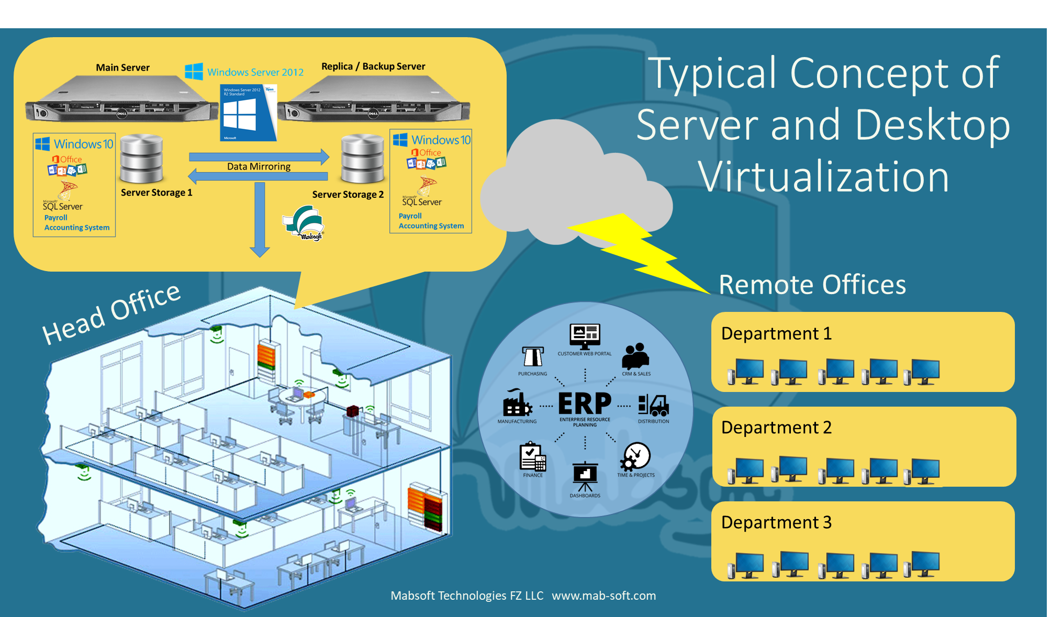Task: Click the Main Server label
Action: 122,68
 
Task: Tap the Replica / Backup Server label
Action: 373,66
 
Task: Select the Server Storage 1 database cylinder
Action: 141,159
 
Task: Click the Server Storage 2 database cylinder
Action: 362,159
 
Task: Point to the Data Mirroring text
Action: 259,166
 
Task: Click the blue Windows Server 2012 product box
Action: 247,113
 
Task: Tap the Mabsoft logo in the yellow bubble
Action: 305,223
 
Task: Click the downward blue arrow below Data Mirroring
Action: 260,220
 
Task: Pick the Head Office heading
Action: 111,314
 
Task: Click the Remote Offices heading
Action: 812,285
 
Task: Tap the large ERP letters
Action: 585,404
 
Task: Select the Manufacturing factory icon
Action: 517,403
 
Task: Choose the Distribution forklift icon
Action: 653,405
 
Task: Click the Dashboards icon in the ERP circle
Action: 585,475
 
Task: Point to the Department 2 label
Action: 776,428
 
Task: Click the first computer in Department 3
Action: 745,565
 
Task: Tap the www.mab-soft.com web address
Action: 603,596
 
